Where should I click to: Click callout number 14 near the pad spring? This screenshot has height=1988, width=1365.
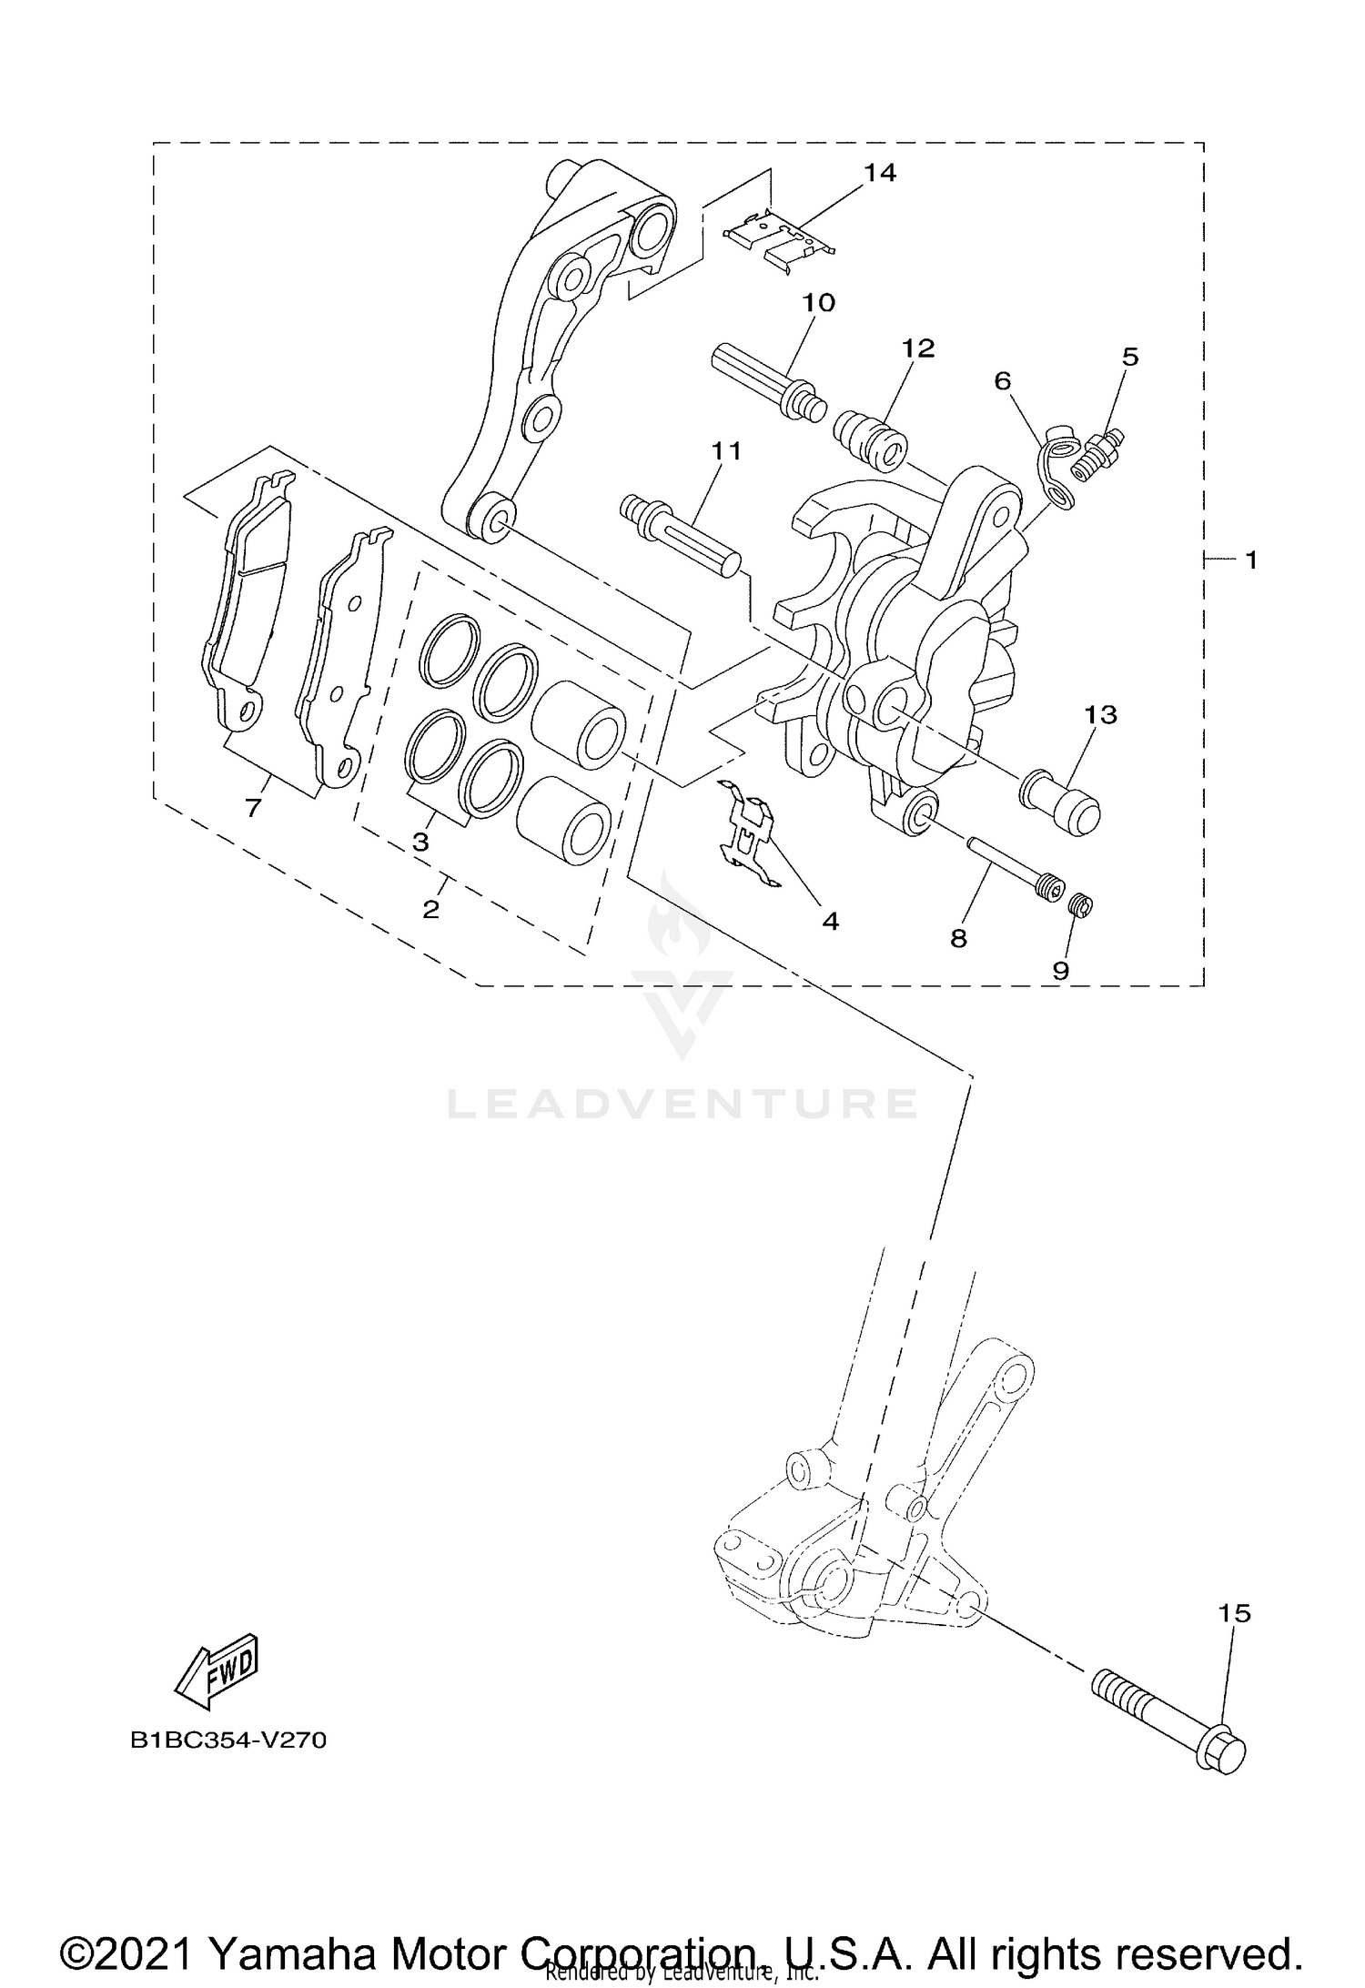pos(880,172)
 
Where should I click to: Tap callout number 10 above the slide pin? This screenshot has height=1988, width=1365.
pos(818,303)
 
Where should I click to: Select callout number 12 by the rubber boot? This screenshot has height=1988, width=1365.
pos(918,348)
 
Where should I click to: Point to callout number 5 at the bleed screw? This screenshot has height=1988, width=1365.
pos(1129,357)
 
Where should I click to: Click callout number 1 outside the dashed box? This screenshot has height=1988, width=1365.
pos(1250,560)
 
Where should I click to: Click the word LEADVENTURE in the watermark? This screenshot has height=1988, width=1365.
pos(682,1104)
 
